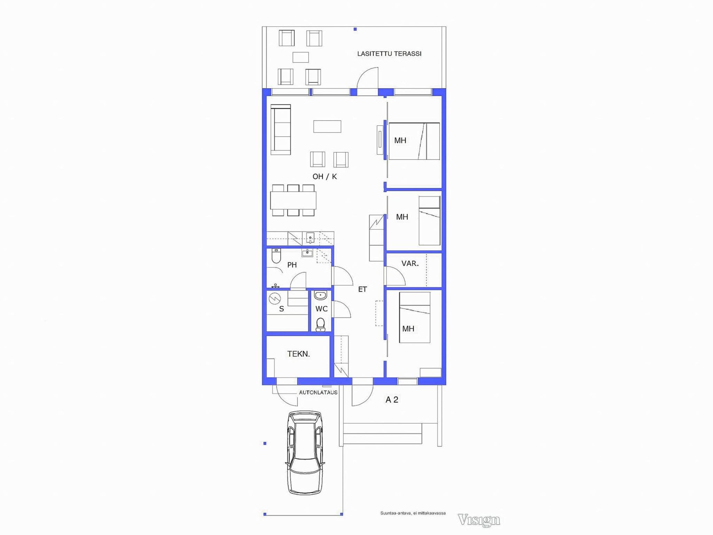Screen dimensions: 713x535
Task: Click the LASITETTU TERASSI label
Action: click(x=389, y=54)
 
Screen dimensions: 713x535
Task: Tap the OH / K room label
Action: click(x=325, y=177)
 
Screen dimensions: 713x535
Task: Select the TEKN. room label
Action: click(x=298, y=354)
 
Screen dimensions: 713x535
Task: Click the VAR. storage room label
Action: click(x=410, y=264)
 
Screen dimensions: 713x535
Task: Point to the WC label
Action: click(x=321, y=309)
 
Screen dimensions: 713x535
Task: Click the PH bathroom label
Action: click(x=292, y=265)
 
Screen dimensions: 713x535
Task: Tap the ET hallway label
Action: click(x=362, y=289)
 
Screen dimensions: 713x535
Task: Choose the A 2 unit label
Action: click(x=392, y=400)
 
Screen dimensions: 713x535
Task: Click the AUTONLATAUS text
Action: click(x=318, y=393)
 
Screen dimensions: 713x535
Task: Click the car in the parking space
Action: click(x=305, y=452)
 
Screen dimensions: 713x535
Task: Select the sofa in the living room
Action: click(x=281, y=130)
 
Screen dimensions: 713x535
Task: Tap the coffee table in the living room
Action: click(x=327, y=126)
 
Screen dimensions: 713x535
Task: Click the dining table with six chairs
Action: click(x=293, y=200)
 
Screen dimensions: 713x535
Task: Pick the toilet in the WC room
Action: click(x=320, y=324)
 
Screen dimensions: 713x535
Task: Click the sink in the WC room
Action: click(x=320, y=296)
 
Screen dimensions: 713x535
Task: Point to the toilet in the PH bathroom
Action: click(x=276, y=256)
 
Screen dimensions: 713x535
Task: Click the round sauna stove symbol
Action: click(x=275, y=298)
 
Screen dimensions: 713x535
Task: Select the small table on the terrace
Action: click(x=300, y=57)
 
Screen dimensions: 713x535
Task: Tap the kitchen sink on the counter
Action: click(x=310, y=238)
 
